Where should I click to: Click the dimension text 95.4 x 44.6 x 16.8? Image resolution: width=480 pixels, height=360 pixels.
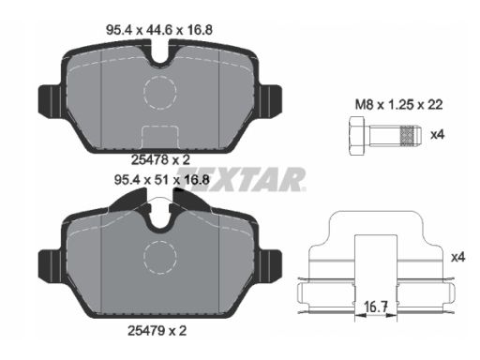coord(159,30)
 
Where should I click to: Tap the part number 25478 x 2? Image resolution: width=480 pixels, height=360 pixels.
coord(160,160)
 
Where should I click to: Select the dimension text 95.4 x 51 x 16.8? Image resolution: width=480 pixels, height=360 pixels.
coord(161,180)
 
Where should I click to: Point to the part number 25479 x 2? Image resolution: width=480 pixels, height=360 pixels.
coord(157,331)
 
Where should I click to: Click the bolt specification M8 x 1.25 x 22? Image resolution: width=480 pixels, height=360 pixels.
coord(399,105)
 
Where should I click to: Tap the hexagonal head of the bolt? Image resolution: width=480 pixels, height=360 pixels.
coord(356,136)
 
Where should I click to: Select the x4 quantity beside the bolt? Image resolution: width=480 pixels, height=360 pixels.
coord(437,135)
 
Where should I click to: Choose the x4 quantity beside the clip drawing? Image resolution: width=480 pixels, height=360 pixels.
coord(458,257)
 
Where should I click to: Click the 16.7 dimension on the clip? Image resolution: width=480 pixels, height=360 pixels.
coord(376,307)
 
